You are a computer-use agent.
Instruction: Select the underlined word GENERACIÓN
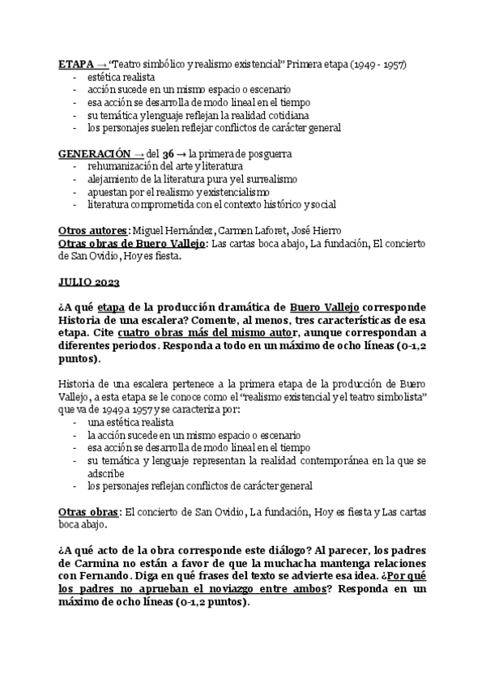coord(94,153)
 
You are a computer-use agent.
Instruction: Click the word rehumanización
coord(123,166)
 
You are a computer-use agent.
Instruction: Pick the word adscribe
coord(107,473)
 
